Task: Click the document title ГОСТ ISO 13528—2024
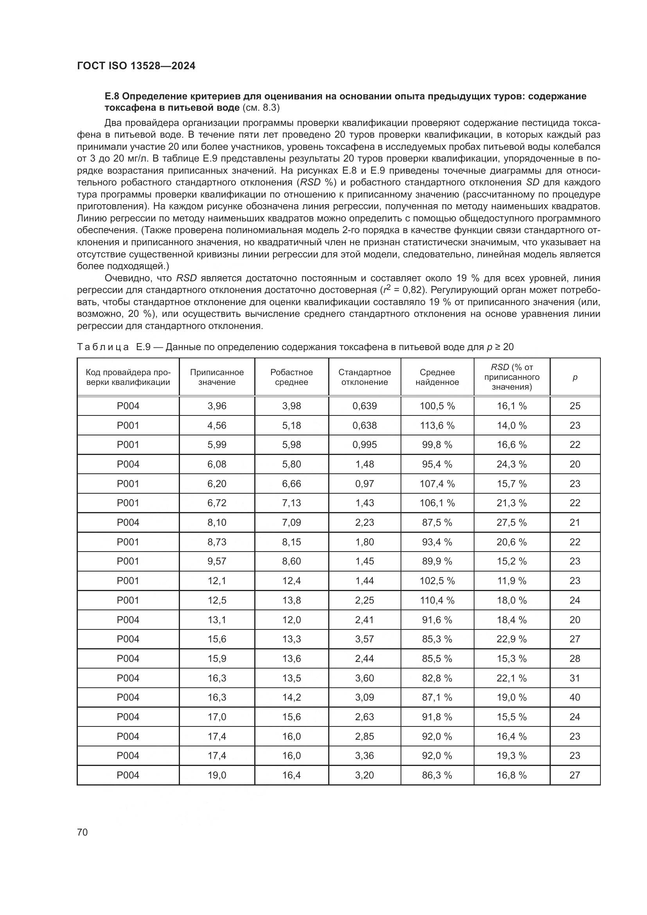pos(136,66)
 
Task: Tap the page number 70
pos(83,832)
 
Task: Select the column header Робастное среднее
pos(291,377)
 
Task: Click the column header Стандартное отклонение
pos(365,377)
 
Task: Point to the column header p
pos(575,377)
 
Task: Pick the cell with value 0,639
pos(365,406)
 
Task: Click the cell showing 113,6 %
pos(437,425)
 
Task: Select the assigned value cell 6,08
pos(217,464)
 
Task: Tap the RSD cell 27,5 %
pos(512,522)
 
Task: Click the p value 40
pos(575,697)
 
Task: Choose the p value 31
pos(575,678)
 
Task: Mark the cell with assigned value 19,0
pos(217,775)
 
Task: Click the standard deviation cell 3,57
pos(365,639)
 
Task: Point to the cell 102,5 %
pos(437,581)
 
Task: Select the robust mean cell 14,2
pos(291,697)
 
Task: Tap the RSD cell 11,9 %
pos(512,581)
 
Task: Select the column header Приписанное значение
pos(217,377)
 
